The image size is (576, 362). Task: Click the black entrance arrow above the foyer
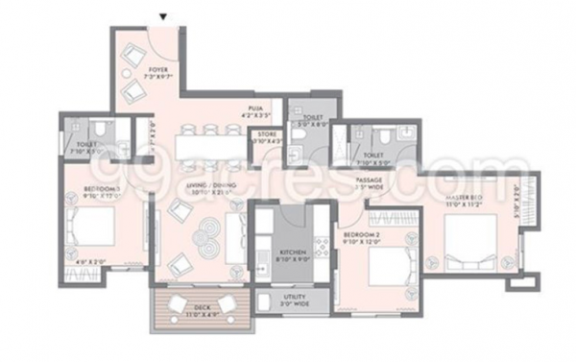(x=162, y=16)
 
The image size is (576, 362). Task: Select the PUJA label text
(x=256, y=109)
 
